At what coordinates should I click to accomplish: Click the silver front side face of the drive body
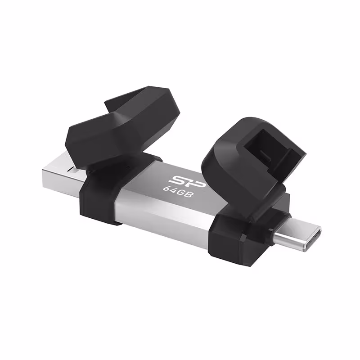tap(166, 216)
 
